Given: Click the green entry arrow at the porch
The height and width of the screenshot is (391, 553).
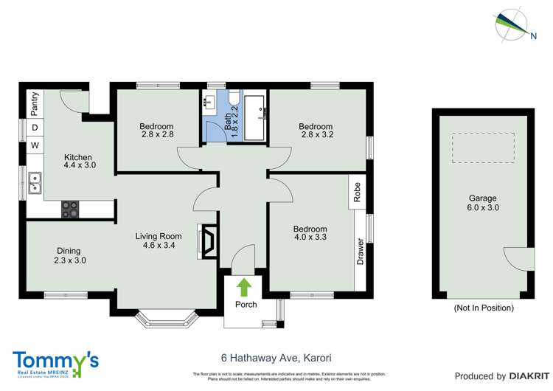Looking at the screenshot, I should (x=243, y=286).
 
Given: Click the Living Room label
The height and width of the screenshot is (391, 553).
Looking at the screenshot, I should (x=158, y=241).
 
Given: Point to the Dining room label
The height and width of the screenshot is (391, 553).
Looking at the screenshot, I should (x=67, y=255).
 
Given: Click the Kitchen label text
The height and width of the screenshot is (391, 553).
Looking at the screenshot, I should (x=77, y=162).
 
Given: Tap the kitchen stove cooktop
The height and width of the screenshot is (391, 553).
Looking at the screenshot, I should (x=71, y=210).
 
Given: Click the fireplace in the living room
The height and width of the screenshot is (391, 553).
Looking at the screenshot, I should (x=207, y=242).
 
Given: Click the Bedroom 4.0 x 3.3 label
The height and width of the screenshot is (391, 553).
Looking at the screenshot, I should (x=310, y=233).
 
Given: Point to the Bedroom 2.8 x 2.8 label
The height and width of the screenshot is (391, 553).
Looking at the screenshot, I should (x=156, y=131).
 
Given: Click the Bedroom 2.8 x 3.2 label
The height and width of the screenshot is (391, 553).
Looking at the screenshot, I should (x=316, y=131).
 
